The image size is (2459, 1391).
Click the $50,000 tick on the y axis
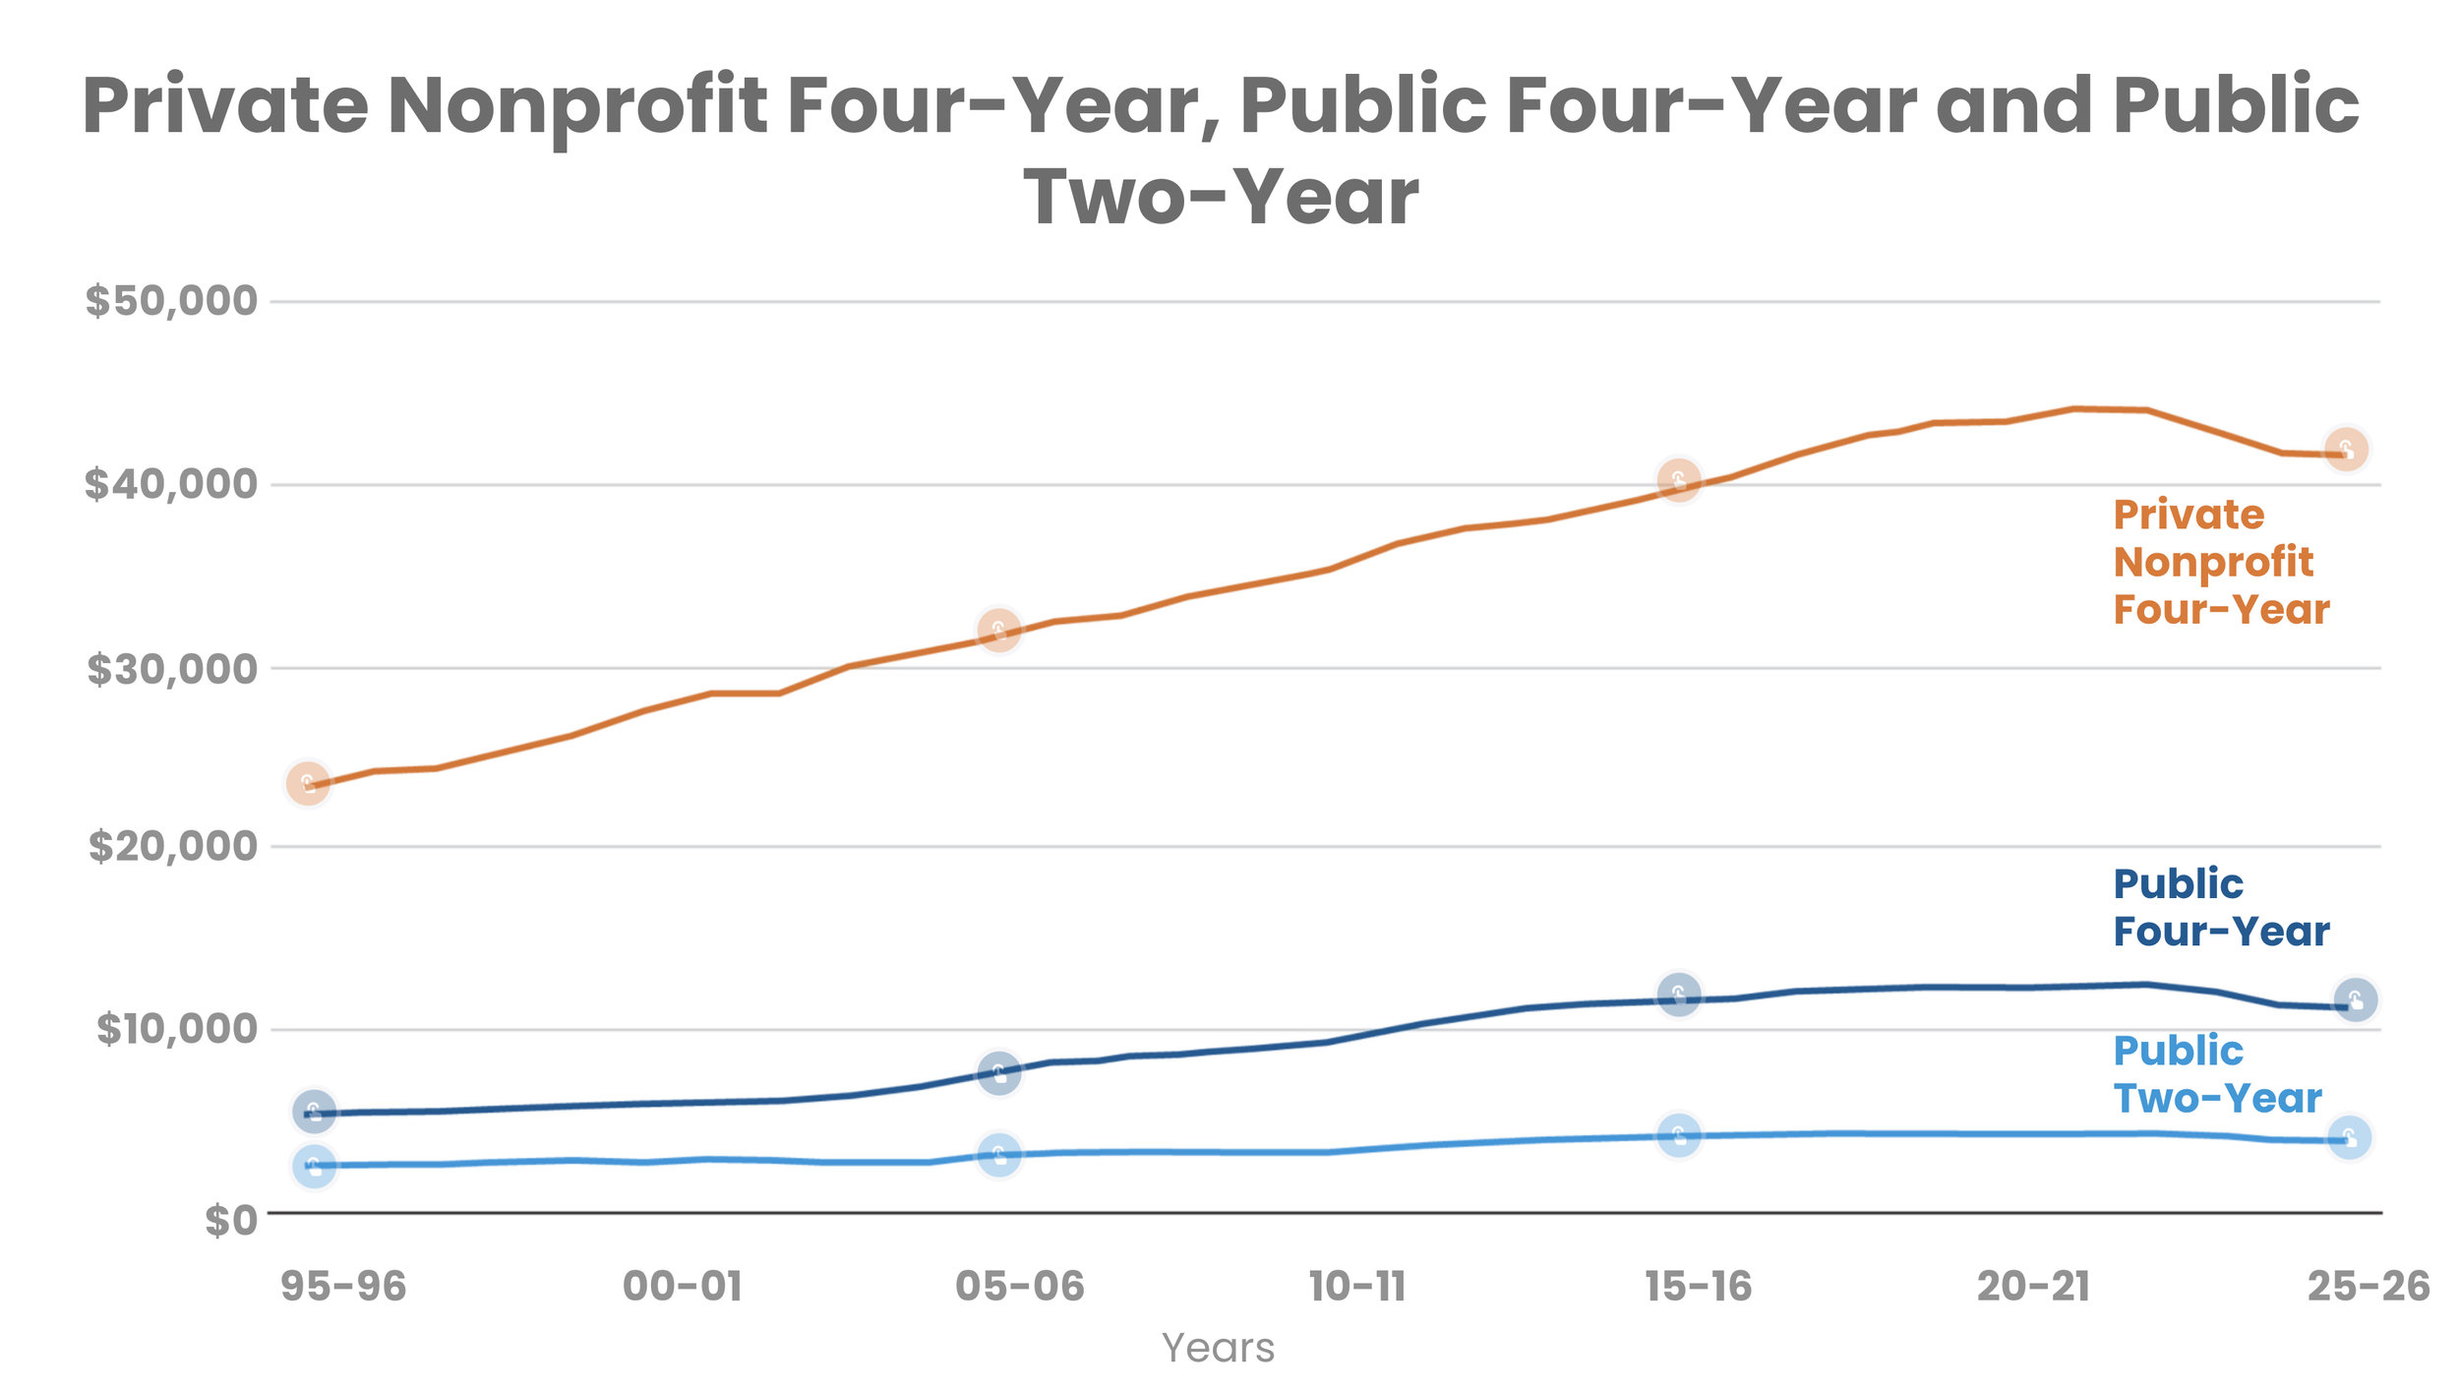(x=171, y=301)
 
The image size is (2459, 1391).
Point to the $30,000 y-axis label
(x=172, y=670)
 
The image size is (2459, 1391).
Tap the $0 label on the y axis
(x=230, y=1221)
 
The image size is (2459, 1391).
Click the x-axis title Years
(x=1218, y=1348)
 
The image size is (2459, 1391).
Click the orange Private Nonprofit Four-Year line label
(x=2221, y=563)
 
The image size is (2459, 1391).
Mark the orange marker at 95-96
(x=308, y=784)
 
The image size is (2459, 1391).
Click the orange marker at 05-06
(x=999, y=630)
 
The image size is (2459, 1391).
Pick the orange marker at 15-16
(x=1679, y=480)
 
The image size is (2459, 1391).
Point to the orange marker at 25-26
(x=2346, y=450)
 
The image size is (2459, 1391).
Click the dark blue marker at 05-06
(x=999, y=1072)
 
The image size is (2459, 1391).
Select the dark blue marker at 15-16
(x=1679, y=995)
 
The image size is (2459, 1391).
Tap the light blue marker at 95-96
(x=314, y=1167)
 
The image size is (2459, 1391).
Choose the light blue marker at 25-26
(x=2350, y=1138)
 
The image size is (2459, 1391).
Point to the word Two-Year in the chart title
(x=1222, y=197)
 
